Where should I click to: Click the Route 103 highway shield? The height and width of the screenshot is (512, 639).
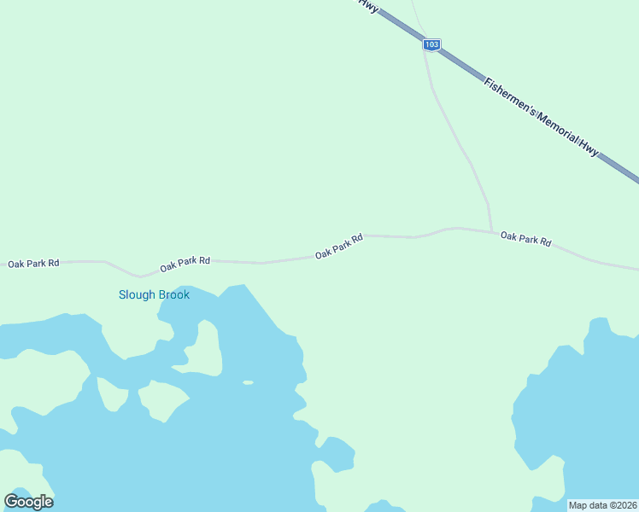pyautogui.click(x=432, y=44)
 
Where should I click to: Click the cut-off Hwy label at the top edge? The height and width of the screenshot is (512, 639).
pyautogui.click(x=368, y=4)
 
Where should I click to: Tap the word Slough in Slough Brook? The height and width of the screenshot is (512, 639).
pyautogui.click(x=137, y=295)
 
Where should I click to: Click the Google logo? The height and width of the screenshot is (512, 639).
pyautogui.click(x=28, y=502)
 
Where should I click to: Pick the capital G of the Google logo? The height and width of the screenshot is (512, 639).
pyautogui.click(x=11, y=501)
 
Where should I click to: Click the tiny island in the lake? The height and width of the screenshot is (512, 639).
pyautogui.click(x=248, y=382)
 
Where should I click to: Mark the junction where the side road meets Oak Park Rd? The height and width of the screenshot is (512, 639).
pyautogui.click(x=492, y=231)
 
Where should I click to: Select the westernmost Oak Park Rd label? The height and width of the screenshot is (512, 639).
pyautogui.click(x=33, y=264)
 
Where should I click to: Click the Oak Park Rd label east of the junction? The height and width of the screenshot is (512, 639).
pyautogui.click(x=525, y=239)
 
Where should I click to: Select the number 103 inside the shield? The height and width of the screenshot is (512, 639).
pyautogui.click(x=432, y=44)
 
